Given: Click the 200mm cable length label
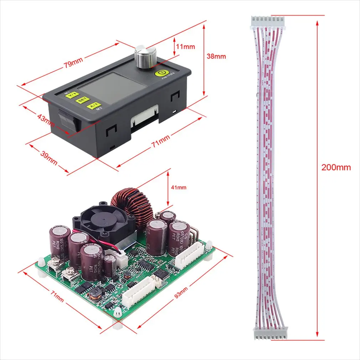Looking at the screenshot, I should pos(336,167).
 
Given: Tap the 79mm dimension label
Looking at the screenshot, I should pos(73,63).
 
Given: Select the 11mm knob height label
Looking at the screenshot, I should pos(186,46).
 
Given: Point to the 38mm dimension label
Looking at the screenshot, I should pos(217,56).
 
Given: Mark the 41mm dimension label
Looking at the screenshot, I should pos(178,187).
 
